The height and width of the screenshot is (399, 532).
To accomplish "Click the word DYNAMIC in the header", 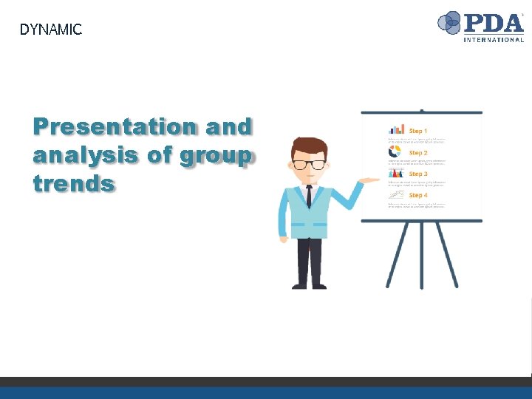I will click(x=50, y=30).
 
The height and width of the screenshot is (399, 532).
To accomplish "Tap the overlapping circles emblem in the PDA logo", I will click(x=449, y=23).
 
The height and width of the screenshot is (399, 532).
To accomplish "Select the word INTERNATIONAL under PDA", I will click(x=494, y=39).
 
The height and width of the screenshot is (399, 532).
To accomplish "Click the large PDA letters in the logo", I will click(x=493, y=21).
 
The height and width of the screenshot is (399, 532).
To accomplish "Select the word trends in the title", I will click(x=74, y=183).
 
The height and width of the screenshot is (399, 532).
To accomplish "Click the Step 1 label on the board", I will click(x=418, y=131).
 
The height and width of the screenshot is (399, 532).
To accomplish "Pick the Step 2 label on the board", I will click(x=418, y=152).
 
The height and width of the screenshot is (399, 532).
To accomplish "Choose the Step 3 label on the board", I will click(x=418, y=174).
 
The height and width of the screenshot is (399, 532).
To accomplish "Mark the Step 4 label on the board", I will click(x=418, y=195).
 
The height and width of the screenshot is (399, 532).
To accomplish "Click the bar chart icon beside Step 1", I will click(x=397, y=129).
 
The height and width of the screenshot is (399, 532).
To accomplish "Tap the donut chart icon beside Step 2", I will click(x=395, y=151).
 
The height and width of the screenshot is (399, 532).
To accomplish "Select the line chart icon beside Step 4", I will click(x=397, y=194).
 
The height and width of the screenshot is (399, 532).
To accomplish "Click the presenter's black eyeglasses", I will click(x=309, y=164).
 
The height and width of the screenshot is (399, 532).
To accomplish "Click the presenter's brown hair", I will click(x=309, y=146).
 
